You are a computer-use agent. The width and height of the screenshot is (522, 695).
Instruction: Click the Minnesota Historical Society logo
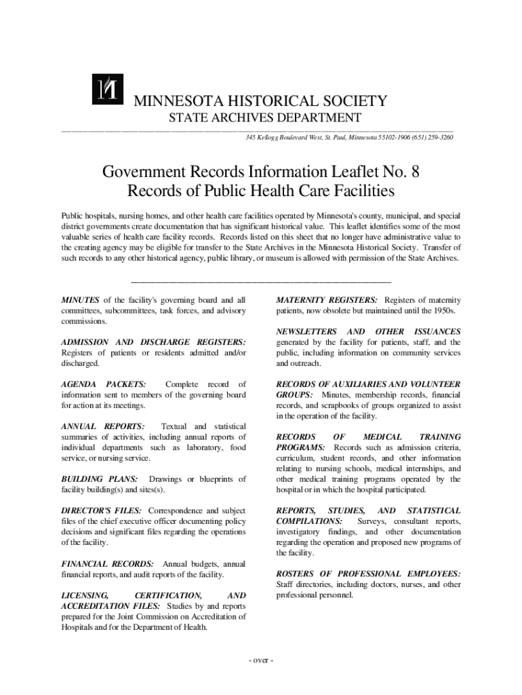[x=108, y=88]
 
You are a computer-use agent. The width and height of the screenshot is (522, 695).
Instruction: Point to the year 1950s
[x=444, y=311]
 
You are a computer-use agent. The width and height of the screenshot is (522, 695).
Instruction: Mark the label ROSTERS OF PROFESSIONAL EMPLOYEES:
[x=368, y=574]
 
